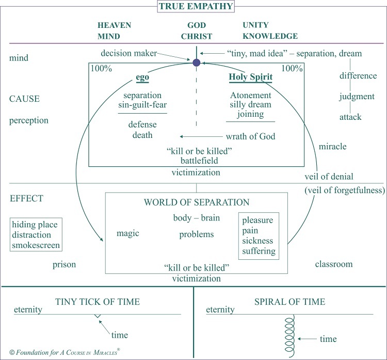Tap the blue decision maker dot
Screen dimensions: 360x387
[196, 63]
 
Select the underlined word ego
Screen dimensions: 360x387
[142, 78]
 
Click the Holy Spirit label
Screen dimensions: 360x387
[250, 77]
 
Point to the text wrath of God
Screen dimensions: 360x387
[250, 137]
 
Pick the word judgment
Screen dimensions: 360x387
[358, 97]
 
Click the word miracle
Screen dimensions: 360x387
[333, 146]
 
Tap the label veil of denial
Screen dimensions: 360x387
[329, 176]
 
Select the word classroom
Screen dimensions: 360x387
[334, 264]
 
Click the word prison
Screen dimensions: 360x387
[64, 265]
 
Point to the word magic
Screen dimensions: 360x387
[128, 233]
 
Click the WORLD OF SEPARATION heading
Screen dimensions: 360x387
[196, 202]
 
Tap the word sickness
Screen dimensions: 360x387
[258, 241]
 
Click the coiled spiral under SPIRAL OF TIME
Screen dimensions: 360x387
[289, 333]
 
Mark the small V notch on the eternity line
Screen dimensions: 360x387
[98, 316]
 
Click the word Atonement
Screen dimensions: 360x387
[250, 96]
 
